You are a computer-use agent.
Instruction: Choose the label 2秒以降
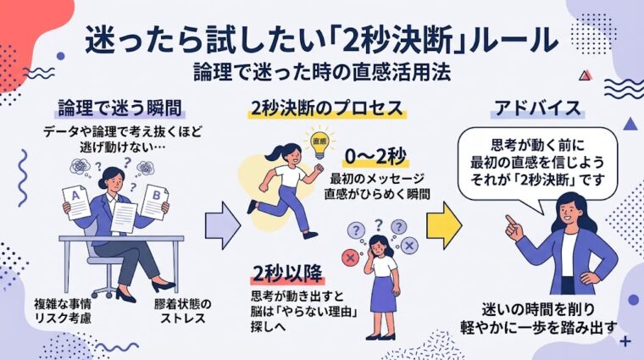tap(286, 273)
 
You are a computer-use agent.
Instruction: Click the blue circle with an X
tap(410, 246)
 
